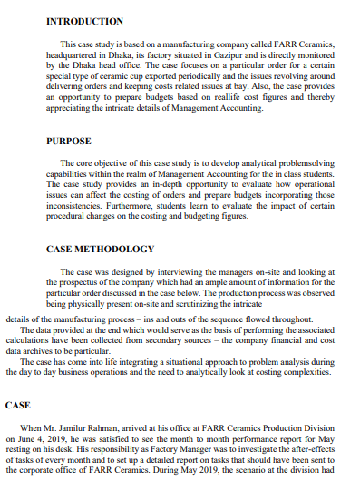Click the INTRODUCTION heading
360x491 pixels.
tap(84, 20)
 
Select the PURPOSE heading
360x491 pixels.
tap(67, 142)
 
